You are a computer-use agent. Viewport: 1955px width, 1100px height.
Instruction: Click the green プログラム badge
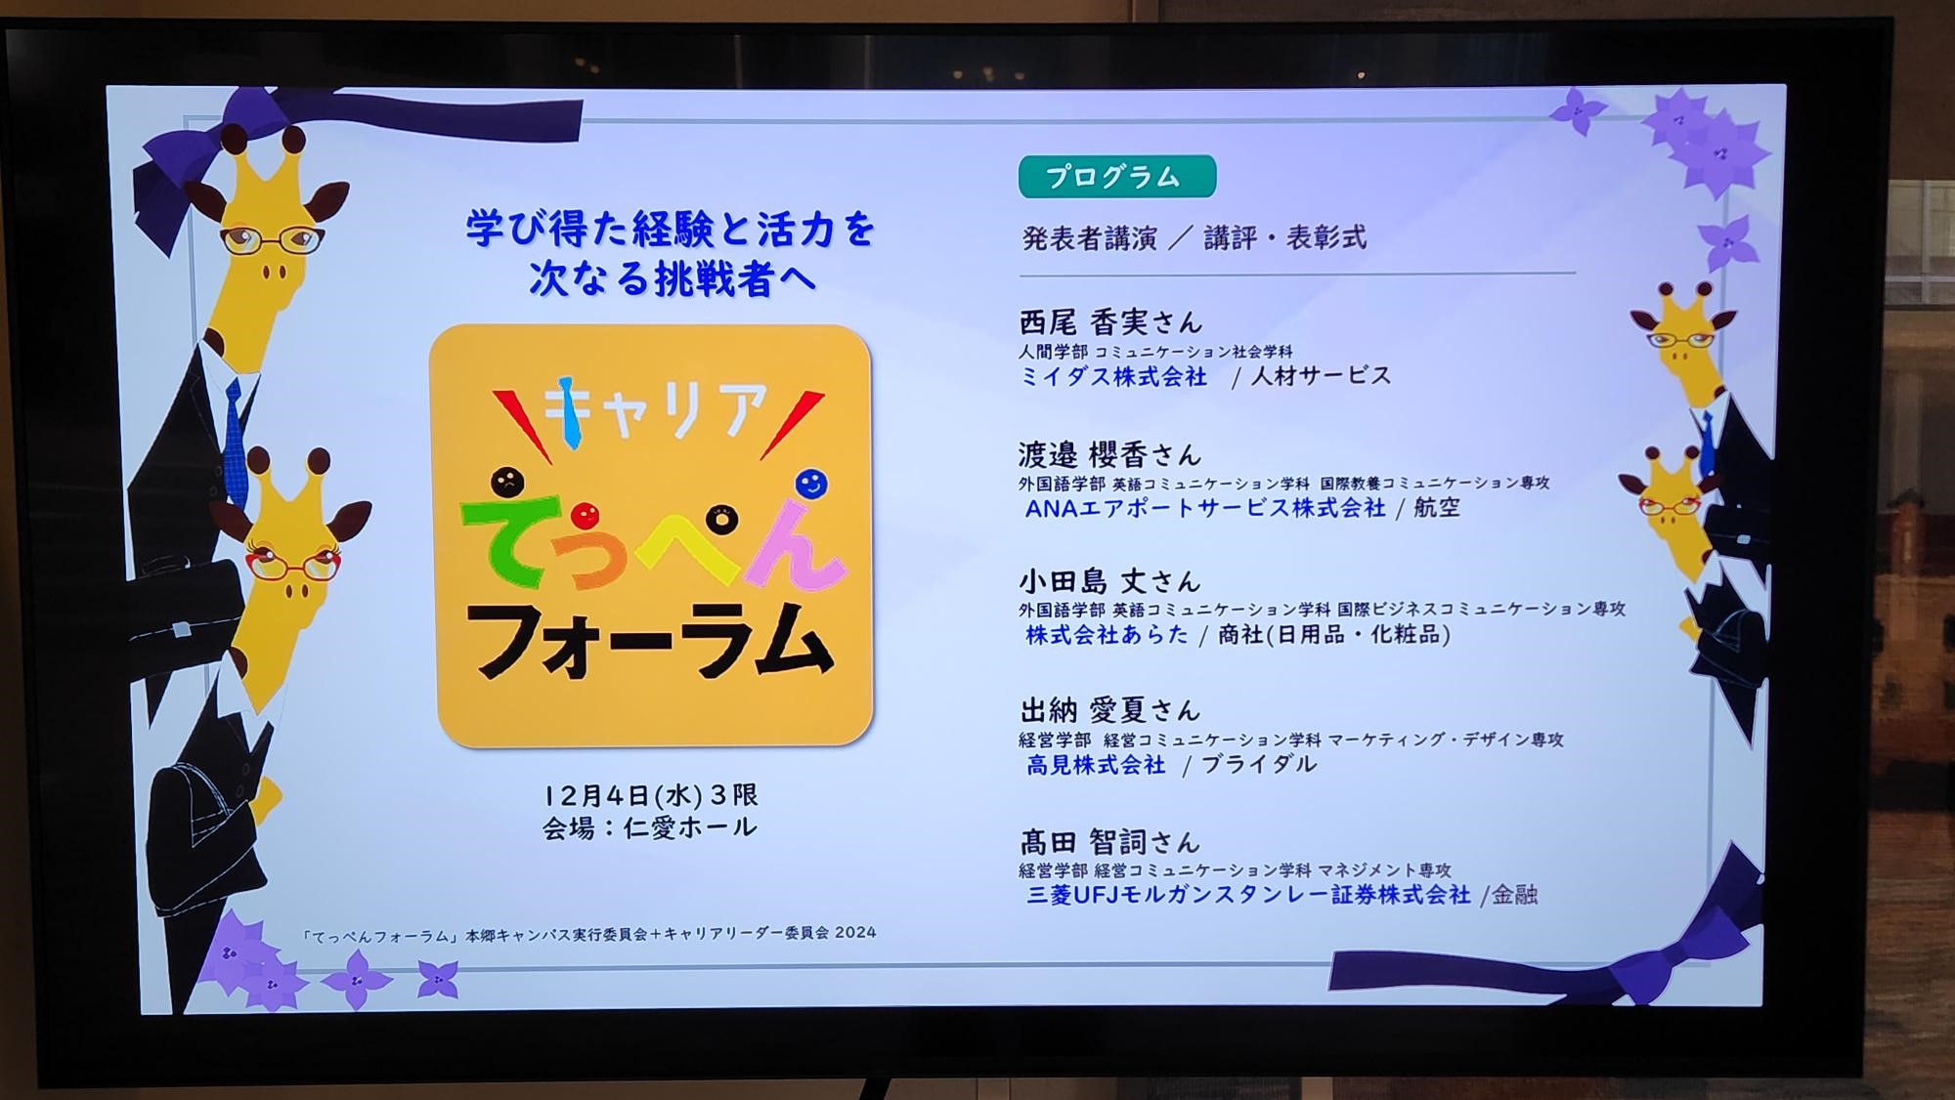click(1116, 177)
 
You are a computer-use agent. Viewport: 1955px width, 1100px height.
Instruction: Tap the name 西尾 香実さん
click(1110, 321)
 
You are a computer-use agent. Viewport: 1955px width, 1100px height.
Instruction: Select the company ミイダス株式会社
click(1113, 376)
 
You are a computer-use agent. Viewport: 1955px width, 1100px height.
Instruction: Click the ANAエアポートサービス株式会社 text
click(1205, 508)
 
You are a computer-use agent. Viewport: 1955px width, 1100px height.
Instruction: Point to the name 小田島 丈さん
click(1109, 581)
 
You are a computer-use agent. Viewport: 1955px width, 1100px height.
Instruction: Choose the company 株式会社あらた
click(1107, 634)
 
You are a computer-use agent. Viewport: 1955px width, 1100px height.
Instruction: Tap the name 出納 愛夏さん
click(1109, 710)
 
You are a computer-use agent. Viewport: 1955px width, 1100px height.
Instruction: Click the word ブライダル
click(1259, 764)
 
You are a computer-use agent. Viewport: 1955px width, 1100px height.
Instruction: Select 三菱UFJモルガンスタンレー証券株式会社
click(1248, 894)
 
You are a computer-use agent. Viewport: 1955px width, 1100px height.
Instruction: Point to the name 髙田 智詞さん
click(1109, 841)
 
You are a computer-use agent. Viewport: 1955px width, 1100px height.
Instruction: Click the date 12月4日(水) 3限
click(651, 795)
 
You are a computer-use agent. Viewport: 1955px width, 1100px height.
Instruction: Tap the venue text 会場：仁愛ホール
click(650, 827)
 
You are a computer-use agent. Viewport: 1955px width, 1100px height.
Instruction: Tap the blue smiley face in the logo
click(810, 484)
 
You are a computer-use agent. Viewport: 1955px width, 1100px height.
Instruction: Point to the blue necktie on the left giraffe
click(236, 440)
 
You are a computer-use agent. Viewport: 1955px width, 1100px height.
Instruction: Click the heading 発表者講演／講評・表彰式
click(1194, 237)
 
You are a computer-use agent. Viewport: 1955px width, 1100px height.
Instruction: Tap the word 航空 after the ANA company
click(1436, 508)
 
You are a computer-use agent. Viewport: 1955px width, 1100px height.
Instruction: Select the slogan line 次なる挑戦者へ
click(673, 278)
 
